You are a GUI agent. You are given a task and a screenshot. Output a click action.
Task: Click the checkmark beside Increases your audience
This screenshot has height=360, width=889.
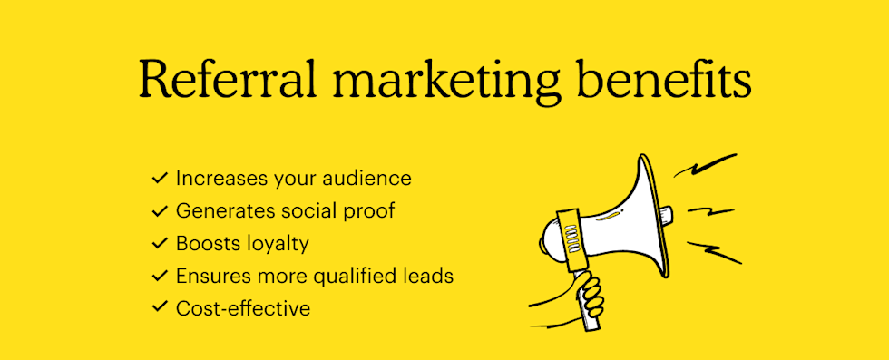[x=160, y=178]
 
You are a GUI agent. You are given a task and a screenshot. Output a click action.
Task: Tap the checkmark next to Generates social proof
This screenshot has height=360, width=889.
[x=160, y=210]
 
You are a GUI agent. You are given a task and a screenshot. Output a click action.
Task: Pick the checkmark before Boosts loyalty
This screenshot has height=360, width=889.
[x=160, y=243]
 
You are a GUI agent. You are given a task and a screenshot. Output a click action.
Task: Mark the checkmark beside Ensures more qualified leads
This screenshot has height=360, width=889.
[x=160, y=276]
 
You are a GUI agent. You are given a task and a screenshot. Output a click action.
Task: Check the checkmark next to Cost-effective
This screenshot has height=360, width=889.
[x=160, y=308]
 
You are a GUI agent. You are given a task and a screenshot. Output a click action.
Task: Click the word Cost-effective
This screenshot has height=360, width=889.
[x=243, y=308]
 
